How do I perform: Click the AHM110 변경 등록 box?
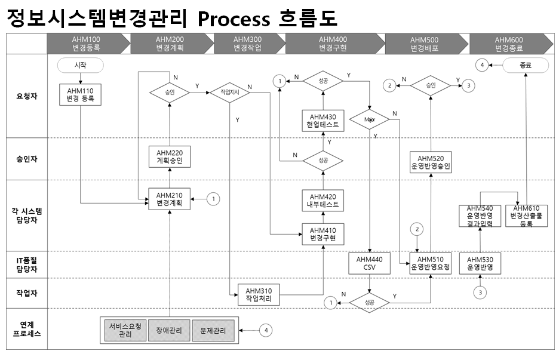[80, 95]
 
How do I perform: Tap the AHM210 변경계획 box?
[170, 198]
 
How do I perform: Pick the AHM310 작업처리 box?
[259, 294]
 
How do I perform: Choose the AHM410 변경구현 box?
[323, 234]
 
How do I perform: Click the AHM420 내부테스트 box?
[323, 199]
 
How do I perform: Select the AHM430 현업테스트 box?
[323, 121]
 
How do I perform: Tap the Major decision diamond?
[370, 120]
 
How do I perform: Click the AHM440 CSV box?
[370, 263]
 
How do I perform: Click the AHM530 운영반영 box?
[480, 263]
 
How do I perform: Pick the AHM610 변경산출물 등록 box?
[526, 216]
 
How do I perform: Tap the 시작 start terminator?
[80, 64]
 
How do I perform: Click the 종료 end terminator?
[526, 64]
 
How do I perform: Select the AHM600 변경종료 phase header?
[512, 44]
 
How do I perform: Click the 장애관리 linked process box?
[170, 330]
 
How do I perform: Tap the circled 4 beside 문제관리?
[267, 330]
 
